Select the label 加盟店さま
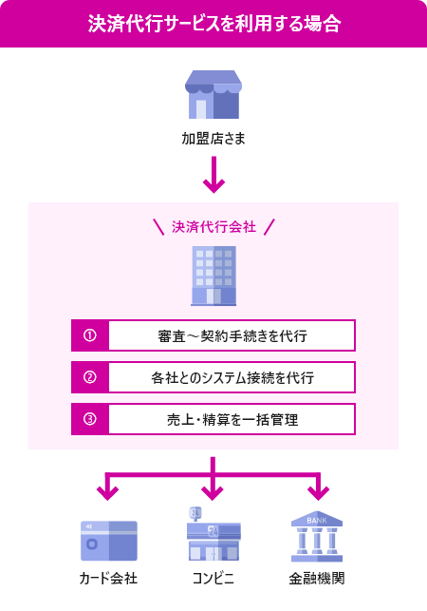click(x=213, y=139)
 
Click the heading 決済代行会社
click(x=213, y=227)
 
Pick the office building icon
click(x=213, y=277)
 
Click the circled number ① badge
click(x=90, y=335)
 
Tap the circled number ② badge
click(x=90, y=377)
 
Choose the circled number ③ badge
click(x=90, y=419)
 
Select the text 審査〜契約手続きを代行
click(x=232, y=335)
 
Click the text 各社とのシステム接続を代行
click(x=232, y=377)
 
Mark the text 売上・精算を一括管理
click(x=232, y=419)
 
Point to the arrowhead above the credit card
click(x=109, y=492)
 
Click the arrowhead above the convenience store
click(x=213, y=492)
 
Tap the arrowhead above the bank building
click(x=317, y=492)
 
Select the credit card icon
click(x=109, y=541)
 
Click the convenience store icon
click(x=213, y=537)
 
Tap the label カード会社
click(x=109, y=579)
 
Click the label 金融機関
click(x=317, y=579)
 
